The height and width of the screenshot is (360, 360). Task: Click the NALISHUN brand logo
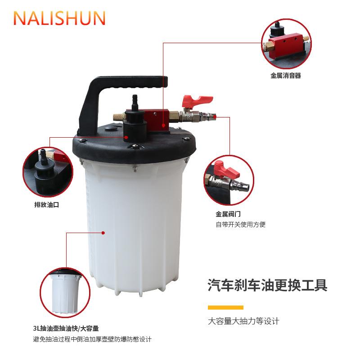coord(60,18)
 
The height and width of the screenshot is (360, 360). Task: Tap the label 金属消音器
coord(285,76)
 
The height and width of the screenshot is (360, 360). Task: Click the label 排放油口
coord(47,204)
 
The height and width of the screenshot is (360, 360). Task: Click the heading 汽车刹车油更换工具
coord(267,285)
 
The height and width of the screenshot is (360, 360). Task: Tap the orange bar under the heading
coord(225,307)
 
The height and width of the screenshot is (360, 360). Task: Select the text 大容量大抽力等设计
coord(243,321)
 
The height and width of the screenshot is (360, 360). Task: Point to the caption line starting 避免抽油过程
coord(92,339)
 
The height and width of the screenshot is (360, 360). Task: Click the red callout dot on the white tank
coord(103,233)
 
